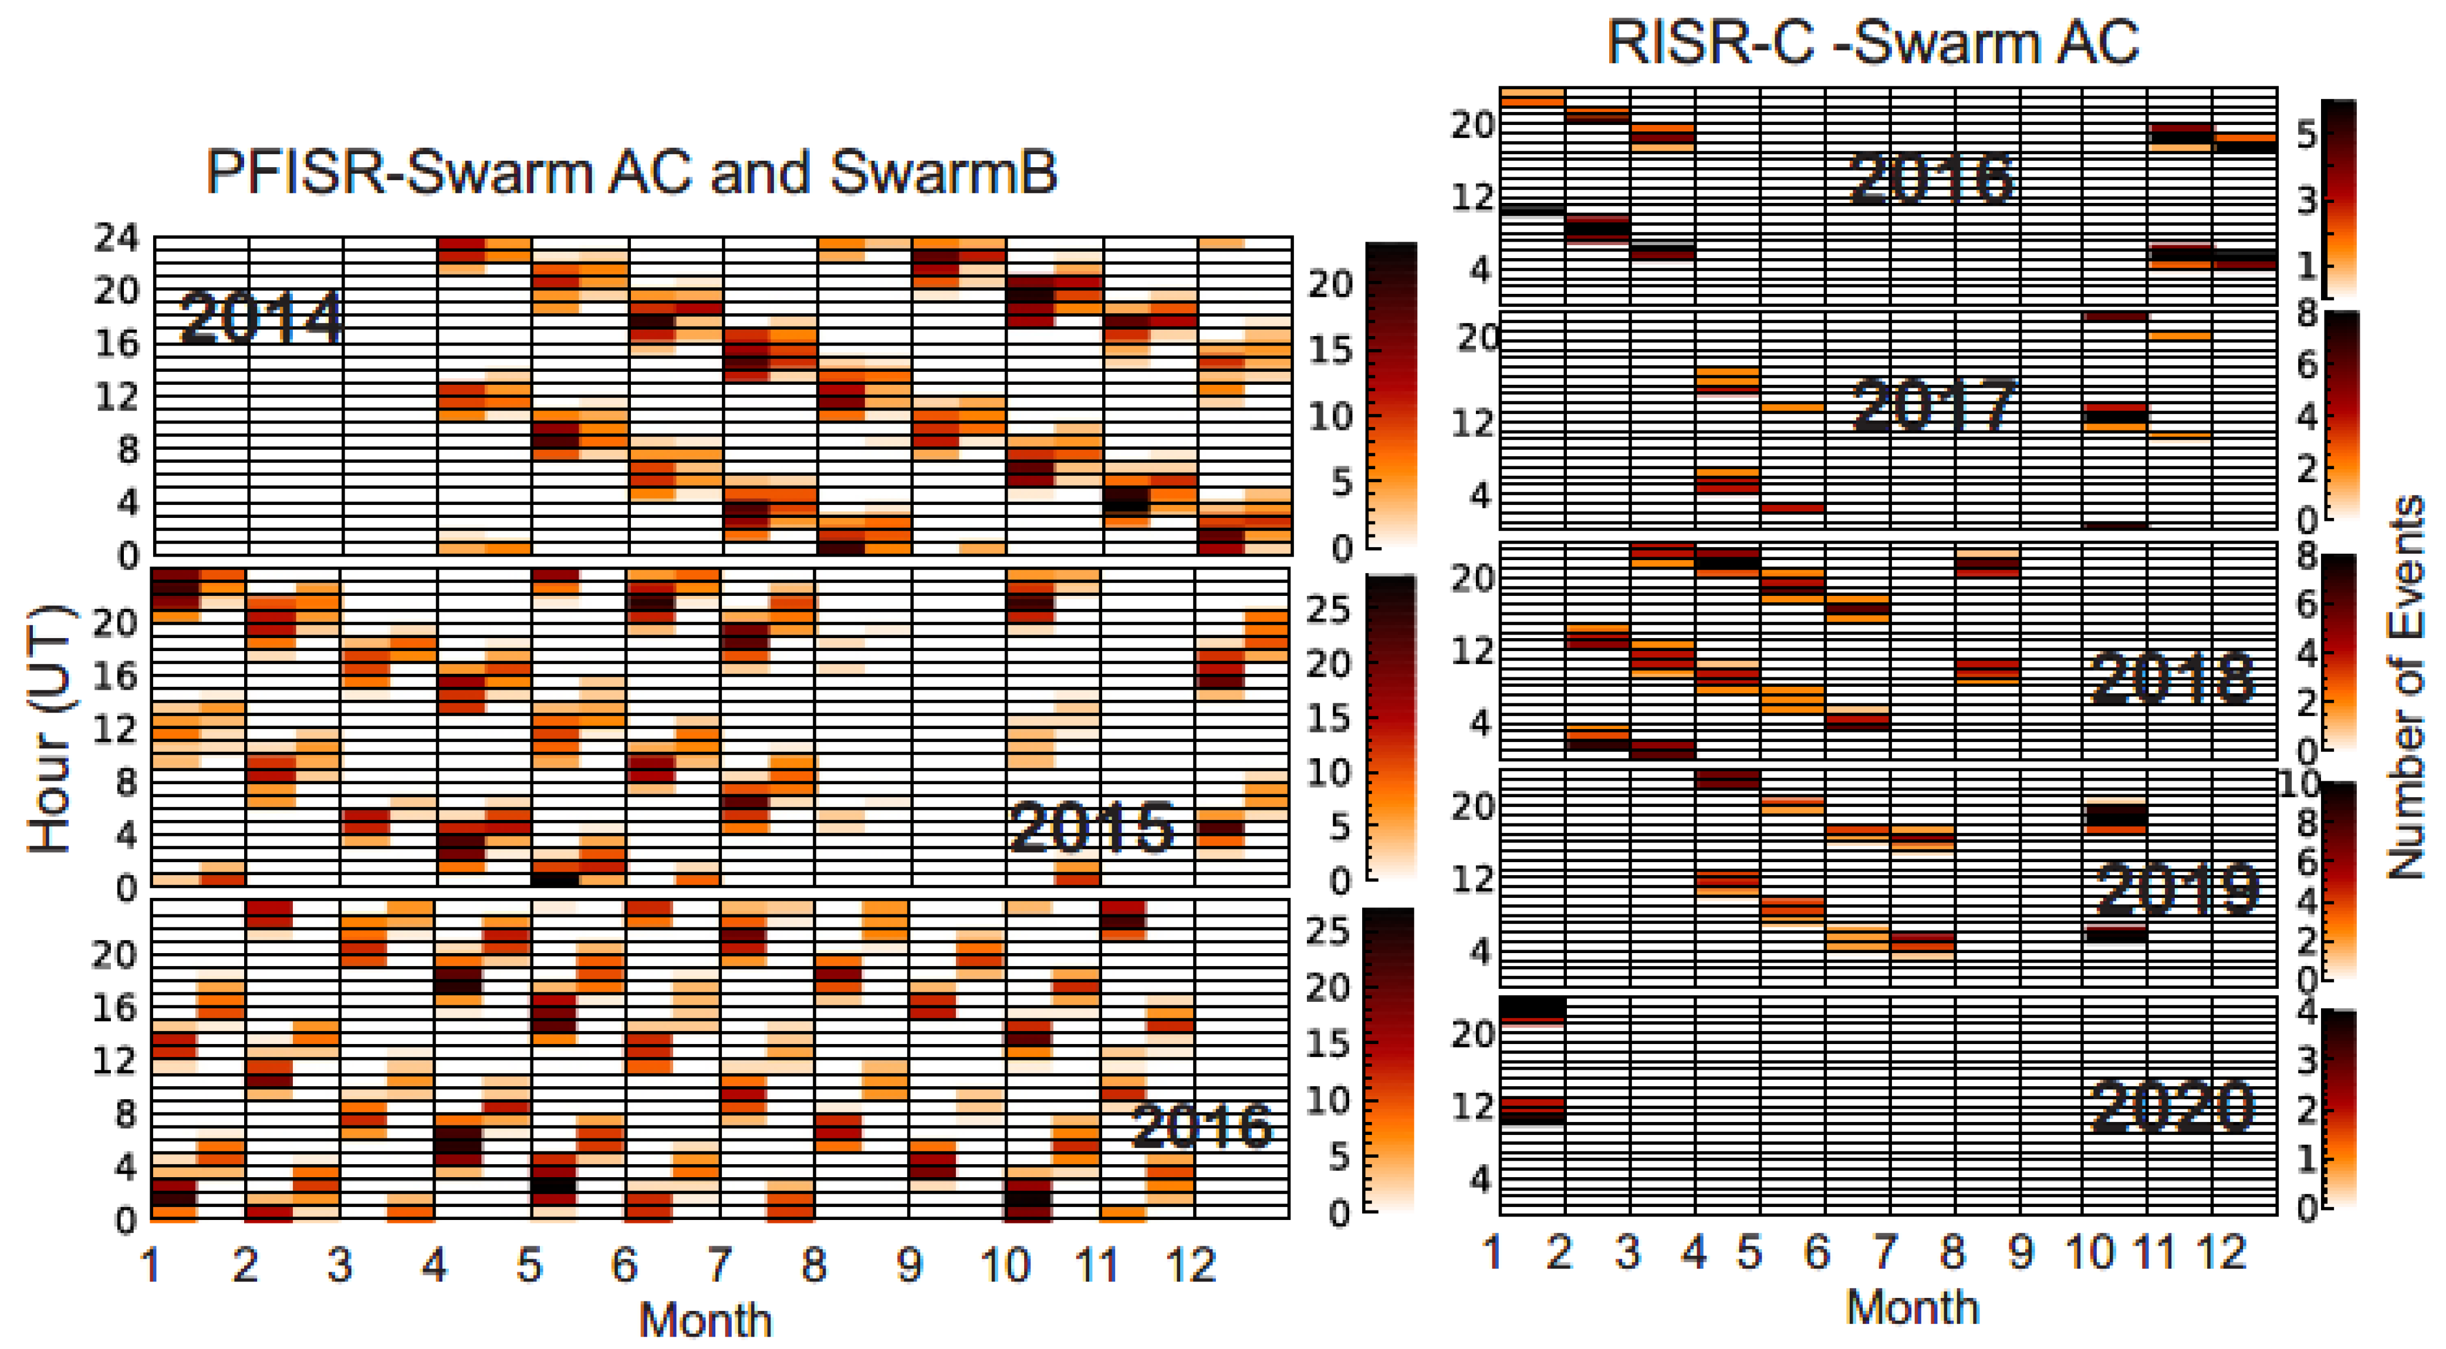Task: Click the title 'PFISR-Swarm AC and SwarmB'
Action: (631, 173)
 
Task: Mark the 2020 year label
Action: (2173, 1106)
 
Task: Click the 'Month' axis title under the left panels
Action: (705, 1320)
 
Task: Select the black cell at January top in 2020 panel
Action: (1532, 1007)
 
